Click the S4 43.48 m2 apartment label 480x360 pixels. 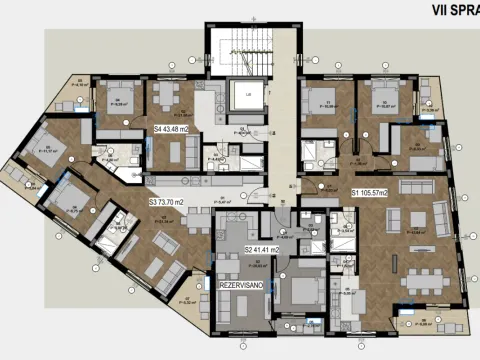click(x=175, y=130)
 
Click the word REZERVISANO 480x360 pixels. click(x=242, y=284)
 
